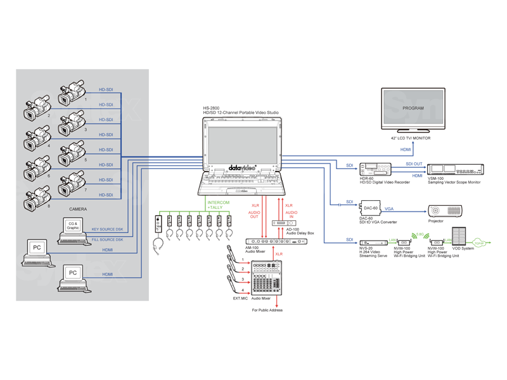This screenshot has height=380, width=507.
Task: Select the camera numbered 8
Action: (37, 199)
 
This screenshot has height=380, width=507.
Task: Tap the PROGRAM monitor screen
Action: (413, 109)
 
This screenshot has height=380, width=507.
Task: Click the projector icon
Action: (445, 210)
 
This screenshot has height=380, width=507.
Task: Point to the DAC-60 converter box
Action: (370, 208)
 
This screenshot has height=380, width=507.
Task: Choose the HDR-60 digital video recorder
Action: (376, 170)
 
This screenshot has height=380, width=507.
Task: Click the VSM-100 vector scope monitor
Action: (455, 169)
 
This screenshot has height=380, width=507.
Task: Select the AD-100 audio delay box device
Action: (283, 223)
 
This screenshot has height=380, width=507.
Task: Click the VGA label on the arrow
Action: (389, 208)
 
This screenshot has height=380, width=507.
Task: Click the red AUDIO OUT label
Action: (254, 215)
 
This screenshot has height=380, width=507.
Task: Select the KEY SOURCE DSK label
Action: (107, 229)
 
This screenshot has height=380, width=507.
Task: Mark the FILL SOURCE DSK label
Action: (107, 240)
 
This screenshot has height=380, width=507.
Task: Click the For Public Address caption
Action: (267, 310)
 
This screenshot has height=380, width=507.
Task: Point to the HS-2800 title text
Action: (211, 108)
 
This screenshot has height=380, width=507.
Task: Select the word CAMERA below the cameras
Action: (78, 209)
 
